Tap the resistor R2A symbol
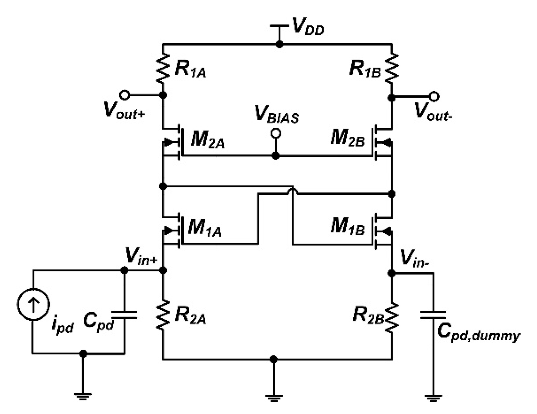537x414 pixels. tap(163, 315)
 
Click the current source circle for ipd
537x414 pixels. tap(33, 304)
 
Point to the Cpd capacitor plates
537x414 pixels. tap(124, 315)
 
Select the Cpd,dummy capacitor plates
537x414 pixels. tap(433, 315)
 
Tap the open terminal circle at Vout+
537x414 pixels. tap(125, 95)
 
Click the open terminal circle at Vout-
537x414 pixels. tap(434, 96)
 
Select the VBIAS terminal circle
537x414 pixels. tap(275, 134)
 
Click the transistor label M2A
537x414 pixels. tap(207, 140)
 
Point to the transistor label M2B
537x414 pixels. tap(347, 138)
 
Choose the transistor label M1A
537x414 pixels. tap(205, 228)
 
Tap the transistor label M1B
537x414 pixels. tap(347, 226)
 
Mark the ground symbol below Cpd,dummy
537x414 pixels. tap(433, 397)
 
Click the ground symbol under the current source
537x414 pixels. tap(83, 396)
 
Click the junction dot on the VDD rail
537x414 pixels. tap(280, 44)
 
